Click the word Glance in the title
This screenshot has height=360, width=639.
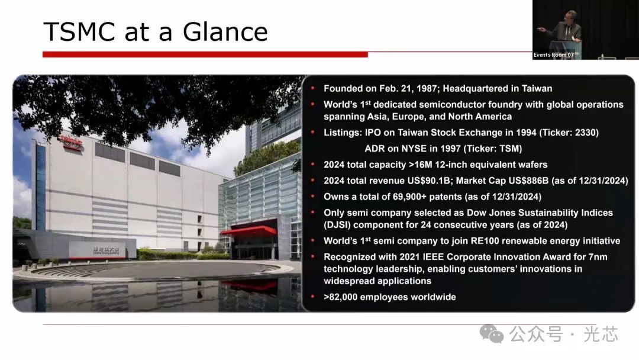coord(225,32)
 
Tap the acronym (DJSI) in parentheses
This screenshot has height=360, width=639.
coord(337,224)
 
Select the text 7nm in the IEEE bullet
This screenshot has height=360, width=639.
coord(598,257)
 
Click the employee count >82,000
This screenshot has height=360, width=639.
coord(340,297)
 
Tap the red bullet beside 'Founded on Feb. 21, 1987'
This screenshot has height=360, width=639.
coord(312,88)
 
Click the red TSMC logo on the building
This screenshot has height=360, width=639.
coord(72,143)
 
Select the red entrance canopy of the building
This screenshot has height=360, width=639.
coord(248,231)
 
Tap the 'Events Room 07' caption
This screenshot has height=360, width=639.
coord(553,54)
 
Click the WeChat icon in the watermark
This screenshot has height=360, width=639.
coord(492,334)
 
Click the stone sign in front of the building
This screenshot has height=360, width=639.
coord(103,250)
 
